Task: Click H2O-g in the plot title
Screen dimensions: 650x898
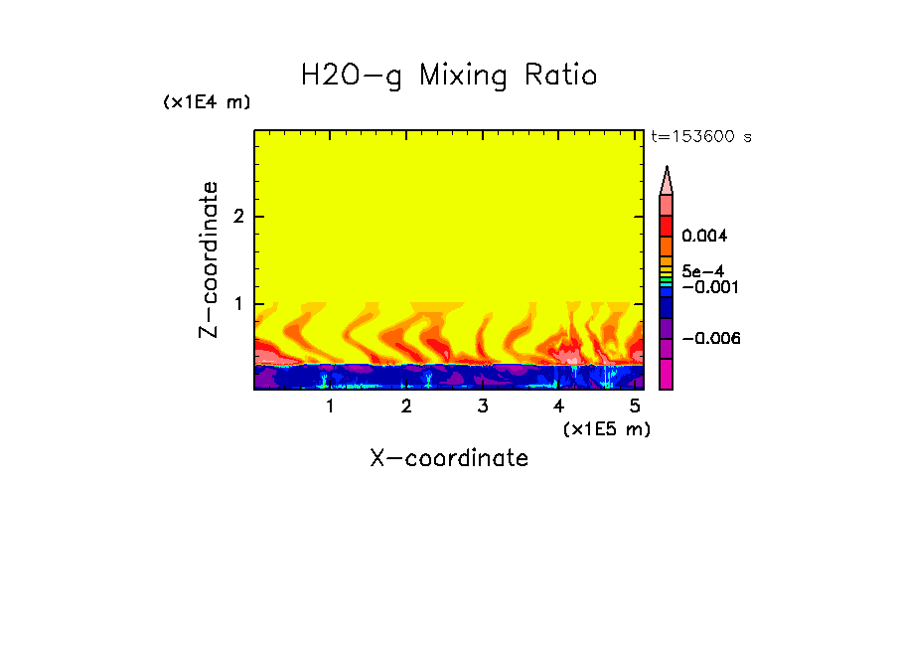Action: coord(352,77)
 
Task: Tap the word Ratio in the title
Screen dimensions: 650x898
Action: coord(561,77)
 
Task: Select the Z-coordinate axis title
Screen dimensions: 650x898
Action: coord(209,259)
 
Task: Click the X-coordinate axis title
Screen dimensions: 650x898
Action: coord(449,458)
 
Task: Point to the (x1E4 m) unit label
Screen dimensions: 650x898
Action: coord(207,102)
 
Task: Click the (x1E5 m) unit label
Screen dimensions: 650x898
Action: coord(606,428)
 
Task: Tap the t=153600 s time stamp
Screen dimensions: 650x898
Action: coord(701,137)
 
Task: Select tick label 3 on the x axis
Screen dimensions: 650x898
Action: coord(482,406)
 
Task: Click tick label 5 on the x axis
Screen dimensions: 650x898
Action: coord(635,406)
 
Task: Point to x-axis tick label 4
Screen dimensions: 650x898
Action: coord(558,406)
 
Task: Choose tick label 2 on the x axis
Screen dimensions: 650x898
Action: coord(406,406)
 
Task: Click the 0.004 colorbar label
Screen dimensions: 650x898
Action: coord(704,237)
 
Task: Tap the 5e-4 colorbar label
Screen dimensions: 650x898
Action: coord(702,270)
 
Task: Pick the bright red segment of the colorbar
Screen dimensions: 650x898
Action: coord(667,225)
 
